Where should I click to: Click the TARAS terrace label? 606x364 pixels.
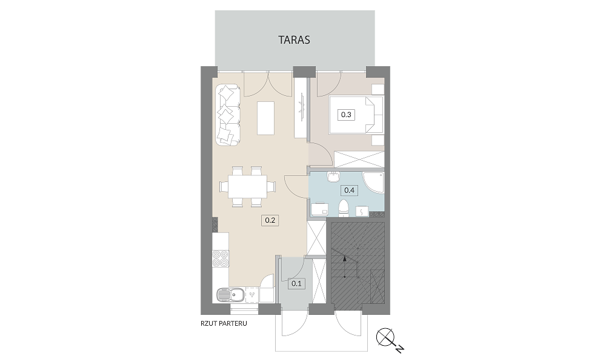(294, 40)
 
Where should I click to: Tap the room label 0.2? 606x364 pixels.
(270, 220)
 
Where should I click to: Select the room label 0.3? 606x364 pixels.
(346, 115)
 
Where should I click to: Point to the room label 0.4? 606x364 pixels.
(350, 190)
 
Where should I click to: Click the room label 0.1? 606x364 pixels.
(296, 283)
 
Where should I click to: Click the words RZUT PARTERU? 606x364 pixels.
(224, 323)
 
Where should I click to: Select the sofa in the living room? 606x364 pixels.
(228, 115)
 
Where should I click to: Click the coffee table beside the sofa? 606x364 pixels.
(266, 118)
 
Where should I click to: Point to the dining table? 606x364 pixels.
(247, 186)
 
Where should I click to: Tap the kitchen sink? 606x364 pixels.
(229, 295)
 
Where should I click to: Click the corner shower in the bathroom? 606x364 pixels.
(373, 183)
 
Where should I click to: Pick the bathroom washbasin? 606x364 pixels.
(333, 177)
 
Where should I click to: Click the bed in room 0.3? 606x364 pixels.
(356, 115)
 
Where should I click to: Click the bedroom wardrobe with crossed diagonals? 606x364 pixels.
(359, 160)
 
